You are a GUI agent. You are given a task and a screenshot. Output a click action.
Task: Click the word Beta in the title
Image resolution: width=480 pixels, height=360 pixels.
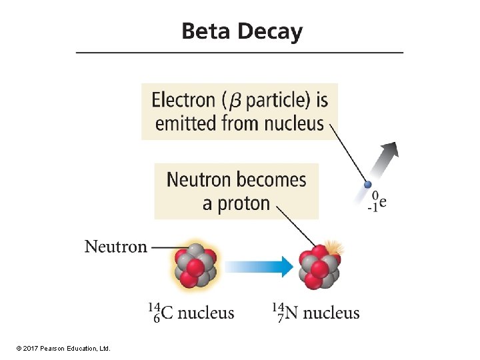point(206,31)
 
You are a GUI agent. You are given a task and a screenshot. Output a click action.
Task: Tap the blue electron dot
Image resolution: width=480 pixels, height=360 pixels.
point(367,184)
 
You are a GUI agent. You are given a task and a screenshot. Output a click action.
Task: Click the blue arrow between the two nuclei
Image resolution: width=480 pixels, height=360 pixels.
point(259,266)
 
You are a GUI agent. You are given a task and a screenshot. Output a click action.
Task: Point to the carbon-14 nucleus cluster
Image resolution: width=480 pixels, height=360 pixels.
point(195,266)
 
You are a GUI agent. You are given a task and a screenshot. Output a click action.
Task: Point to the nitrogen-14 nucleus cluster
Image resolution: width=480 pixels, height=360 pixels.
point(319,267)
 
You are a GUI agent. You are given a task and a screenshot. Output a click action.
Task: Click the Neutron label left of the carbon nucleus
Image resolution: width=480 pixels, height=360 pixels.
point(116,247)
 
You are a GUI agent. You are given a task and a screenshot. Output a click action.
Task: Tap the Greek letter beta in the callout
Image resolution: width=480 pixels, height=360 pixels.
point(235,101)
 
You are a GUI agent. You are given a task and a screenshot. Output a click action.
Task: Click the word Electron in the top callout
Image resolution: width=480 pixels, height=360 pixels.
point(183,100)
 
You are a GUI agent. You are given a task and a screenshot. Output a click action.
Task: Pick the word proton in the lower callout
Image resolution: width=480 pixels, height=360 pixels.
point(244,204)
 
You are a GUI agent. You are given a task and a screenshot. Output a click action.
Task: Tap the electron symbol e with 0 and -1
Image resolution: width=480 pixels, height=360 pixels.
point(377,202)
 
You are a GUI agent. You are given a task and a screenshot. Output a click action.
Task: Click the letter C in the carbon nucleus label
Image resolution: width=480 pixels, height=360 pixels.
point(167,313)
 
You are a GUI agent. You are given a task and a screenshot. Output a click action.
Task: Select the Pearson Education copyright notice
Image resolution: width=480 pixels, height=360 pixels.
point(63,349)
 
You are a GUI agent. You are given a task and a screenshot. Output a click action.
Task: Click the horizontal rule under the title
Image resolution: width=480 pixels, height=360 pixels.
point(240,53)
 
